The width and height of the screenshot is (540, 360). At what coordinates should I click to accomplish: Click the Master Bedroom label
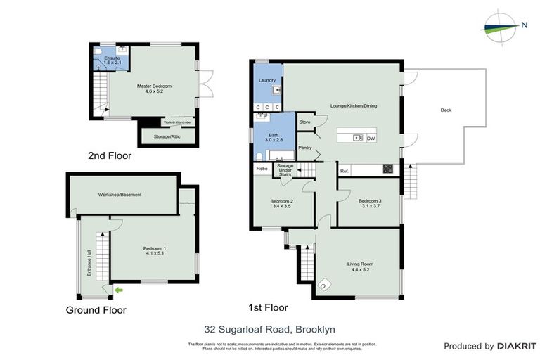coord(153,86)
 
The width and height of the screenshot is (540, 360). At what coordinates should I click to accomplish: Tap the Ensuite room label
coord(103,59)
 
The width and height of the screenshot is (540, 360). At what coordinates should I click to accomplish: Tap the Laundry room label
coord(266,81)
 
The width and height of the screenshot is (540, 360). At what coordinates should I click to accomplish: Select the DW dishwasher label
coord(371,138)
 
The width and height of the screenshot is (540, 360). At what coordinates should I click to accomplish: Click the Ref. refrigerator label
coord(345,172)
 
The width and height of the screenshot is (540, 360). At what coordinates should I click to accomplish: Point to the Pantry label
coord(305,148)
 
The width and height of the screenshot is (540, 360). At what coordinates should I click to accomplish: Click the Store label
coord(304,122)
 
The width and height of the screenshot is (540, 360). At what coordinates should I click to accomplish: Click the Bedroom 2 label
coord(281,201)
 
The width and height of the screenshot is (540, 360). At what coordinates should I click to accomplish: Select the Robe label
coord(262,169)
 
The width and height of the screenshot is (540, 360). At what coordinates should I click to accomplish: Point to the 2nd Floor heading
coord(109,156)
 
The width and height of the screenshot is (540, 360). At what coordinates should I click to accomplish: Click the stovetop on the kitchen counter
coord(387,169)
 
